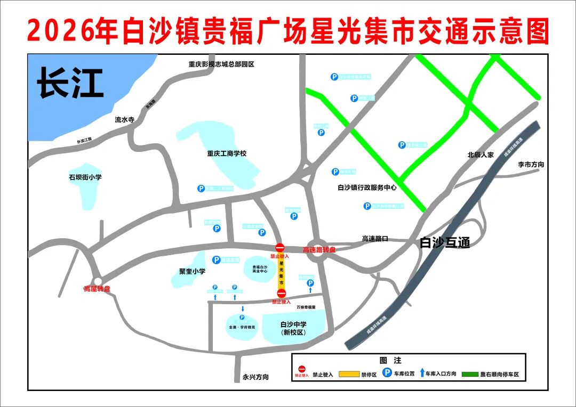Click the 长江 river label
70,84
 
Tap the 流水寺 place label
124,120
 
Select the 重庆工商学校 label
227,153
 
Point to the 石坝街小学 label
85,177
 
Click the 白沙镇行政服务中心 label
367,188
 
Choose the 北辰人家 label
481,155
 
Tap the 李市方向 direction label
531,165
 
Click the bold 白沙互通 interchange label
445,242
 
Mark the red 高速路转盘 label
319,249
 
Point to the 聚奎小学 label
192,271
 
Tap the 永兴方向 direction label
255,377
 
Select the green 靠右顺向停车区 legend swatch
470,374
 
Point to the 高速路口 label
375,239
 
